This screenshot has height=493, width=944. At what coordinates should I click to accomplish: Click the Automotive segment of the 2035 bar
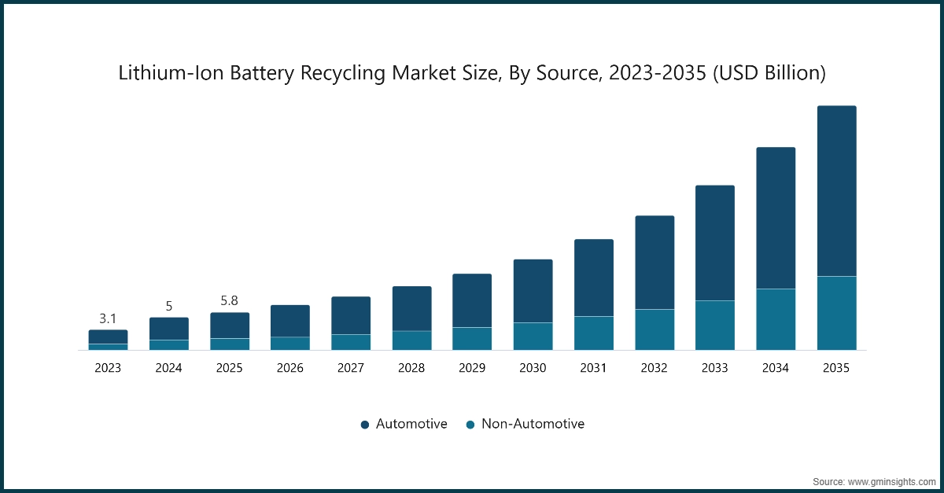tap(836, 191)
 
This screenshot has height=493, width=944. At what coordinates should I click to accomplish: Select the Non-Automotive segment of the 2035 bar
tap(836, 313)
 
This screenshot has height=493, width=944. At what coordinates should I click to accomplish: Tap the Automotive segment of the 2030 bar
tap(533, 291)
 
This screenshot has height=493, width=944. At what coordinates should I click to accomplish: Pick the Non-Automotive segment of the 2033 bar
tap(714, 326)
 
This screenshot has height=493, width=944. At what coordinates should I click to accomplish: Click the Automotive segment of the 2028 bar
tap(411, 308)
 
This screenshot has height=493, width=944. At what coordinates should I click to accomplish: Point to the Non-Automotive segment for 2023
tap(108, 347)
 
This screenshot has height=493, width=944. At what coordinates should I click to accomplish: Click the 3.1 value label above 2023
tap(108, 318)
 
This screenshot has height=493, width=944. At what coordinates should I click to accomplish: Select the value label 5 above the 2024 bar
tap(168, 306)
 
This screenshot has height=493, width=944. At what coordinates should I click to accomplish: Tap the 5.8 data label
tap(229, 301)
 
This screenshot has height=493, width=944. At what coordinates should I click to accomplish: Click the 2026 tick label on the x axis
tap(289, 368)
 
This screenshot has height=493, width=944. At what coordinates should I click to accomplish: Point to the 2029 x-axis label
tap(472, 368)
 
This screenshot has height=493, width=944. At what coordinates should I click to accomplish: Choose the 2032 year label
tap(654, 368)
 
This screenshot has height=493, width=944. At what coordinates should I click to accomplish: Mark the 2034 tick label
tap(776, 368)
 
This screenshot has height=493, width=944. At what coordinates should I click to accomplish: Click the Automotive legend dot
tap(364, 425)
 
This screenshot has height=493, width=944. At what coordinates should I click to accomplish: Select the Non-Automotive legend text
tap(533, 424)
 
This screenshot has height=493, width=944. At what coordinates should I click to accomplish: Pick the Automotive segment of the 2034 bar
tap(776, 218)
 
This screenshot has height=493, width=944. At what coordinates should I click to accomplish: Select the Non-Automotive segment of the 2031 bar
tap(593, 333)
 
